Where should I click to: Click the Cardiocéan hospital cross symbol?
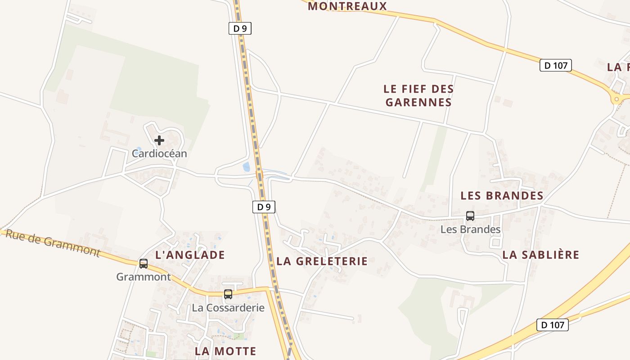tap(159, 140)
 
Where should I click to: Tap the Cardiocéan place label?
tap(159, 153)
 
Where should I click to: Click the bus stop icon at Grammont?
tap(144, 264)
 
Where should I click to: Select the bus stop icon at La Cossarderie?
tap(228, 294)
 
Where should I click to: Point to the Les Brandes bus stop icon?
tap(470, 216)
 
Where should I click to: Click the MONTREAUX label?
tap(347, 6)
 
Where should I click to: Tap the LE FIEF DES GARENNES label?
tap(418, 95)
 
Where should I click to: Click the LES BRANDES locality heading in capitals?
tap(502, 196)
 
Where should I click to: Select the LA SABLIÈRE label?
tap(540, 255)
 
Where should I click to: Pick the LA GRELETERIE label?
tap(322, 261)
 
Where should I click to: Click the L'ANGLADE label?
tap(190, 255)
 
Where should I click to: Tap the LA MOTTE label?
tap(225, 351)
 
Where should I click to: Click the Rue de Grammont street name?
tap(52, 243)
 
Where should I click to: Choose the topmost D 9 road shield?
tap(240, 29)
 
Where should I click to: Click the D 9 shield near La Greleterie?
tap(263, 207)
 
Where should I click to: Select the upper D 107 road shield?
tap(555, 65)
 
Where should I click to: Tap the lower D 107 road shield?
tap(552, 325)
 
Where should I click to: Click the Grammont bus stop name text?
tap(144, 277)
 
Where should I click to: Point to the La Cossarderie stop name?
tap(228, 308)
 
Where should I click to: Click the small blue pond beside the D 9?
tap(246, 167)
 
